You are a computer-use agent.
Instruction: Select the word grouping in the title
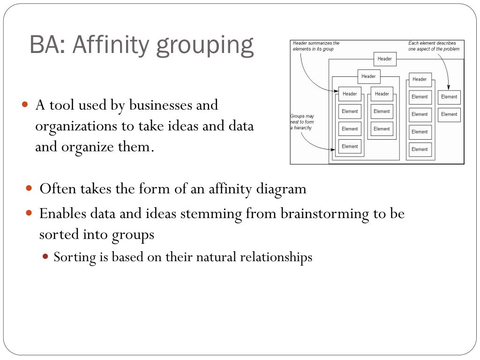pyautogui.click(x=205, y=46)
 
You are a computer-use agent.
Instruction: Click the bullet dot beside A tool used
pyautogui.click(x=26, y=104)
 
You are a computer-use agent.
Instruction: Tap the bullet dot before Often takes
pyautogui.click(x=29, y=188)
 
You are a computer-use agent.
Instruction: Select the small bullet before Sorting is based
pyautogui.click(x=45, y=256)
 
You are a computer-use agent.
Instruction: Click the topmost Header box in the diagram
pyautogui.click(x=385, y=59)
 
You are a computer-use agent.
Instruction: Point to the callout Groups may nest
pyautogui.click(x=302, y=122)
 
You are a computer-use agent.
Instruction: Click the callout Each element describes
pyautogui.click(x=434, y=46)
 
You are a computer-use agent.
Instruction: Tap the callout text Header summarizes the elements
pyautogui.click(x=316, y=46)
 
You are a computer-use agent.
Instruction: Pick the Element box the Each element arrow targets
pyautogui.click(x=449, y=97)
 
